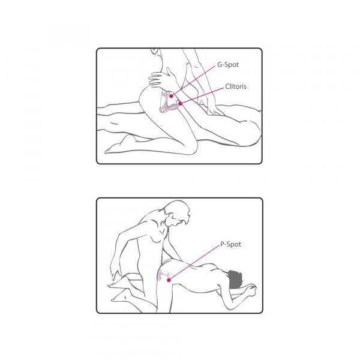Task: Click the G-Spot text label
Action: [228, 65]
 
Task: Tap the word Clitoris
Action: [236, 86]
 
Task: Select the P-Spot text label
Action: [230, 244]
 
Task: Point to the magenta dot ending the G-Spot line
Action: [171, 97]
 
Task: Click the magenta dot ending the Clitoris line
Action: [181, 104]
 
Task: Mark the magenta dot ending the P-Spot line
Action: [169, 280]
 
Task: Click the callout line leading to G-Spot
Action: [194, 80]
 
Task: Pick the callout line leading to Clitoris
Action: [202, 96]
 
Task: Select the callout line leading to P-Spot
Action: [194, 262]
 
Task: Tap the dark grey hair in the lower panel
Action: [235, 280]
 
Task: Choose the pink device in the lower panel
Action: [164, 276]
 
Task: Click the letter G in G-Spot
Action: [220, 65]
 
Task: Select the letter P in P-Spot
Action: [222, 244]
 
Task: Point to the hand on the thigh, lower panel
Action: [115, 272]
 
